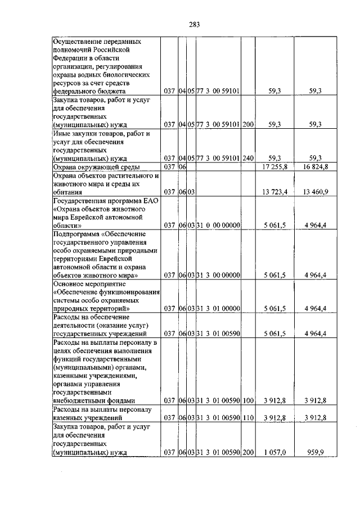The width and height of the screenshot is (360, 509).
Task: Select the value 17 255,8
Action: pos(275,167)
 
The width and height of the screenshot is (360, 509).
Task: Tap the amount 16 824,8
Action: pos(316,167)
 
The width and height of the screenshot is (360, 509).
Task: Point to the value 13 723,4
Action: pos(275,192)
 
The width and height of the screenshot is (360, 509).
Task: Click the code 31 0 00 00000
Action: pos(218,226)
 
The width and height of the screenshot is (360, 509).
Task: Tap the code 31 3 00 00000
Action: pos(218,276)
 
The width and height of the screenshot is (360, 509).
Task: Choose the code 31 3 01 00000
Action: pos(218,309)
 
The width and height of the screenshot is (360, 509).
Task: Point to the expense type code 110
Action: pos(248,418)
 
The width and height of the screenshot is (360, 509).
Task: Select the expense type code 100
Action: pos(248,400)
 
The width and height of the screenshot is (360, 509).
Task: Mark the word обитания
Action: pos(67,192)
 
